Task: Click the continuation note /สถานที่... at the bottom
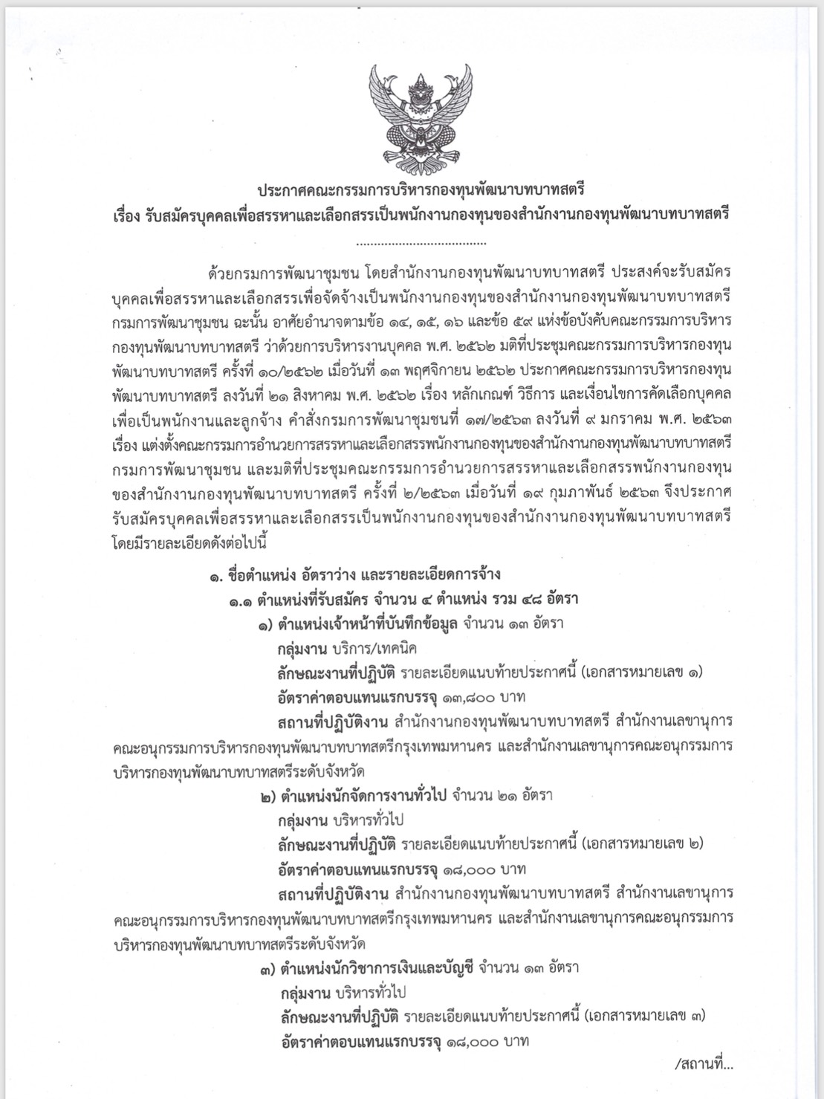[705, 1065]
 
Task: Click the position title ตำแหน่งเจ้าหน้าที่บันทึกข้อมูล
[369, 623]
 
